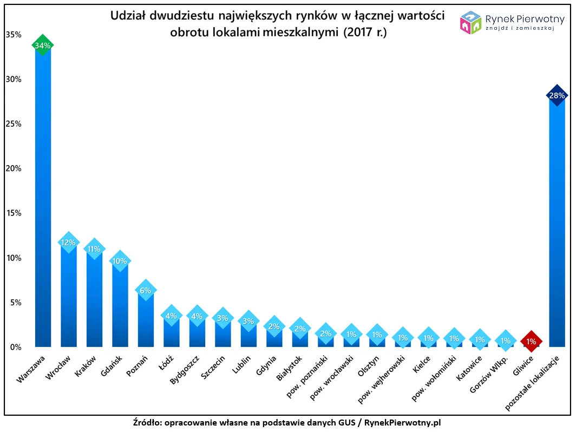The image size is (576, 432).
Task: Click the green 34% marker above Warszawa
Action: pyautogui.click(x=43, y=45)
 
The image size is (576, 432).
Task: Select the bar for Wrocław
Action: pyautogui.click(x=69, y=298)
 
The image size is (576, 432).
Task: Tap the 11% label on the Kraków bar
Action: pyautogui.click(x=94, y=249)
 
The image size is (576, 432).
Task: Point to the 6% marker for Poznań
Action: pyautogui.click(x=146, y=290)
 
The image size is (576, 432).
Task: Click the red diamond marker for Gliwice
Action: pyautogui.click(x=531, y=342)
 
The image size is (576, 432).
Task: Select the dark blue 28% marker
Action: pyautogui.click(x=557, y=96)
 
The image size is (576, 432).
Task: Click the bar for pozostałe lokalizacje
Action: pyautogui.click(x=557, y=227)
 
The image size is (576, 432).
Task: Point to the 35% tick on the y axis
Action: pyautogui.click(x=13, y=35)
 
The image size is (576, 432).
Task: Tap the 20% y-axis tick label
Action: pyautogui.click(x=13, y=168)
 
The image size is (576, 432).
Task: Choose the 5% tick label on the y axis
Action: pyautogui.click(x=15, y=302)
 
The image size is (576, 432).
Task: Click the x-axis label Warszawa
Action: pyautogui.click(x=32, y=370)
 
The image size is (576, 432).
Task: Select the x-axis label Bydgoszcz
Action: pyautogui.click(x=185, y=370)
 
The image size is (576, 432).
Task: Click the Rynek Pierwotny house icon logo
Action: pyautogui.click(x=470, y=23)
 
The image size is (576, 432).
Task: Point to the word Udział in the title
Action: pyautogui.click(x=128, y=16)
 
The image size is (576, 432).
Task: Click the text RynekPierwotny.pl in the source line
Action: pyautogui.click(x=402, y=422)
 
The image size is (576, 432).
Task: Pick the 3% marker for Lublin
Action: pyautogui.click(x=248, y=321)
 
